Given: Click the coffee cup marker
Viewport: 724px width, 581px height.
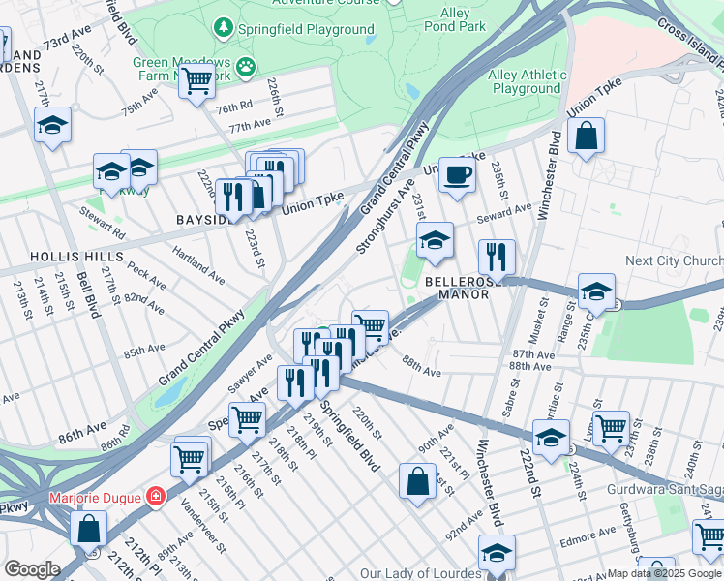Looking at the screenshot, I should [457, 175].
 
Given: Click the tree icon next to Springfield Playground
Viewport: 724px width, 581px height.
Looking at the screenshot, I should [225, 26].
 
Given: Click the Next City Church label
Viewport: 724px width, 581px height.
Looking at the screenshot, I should [674, 261].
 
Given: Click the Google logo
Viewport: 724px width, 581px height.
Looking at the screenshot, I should [31, 569].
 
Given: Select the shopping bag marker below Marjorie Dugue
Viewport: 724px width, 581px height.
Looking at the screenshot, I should [89, 530].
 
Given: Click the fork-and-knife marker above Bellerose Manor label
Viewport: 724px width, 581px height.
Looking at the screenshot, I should [497, 258].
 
